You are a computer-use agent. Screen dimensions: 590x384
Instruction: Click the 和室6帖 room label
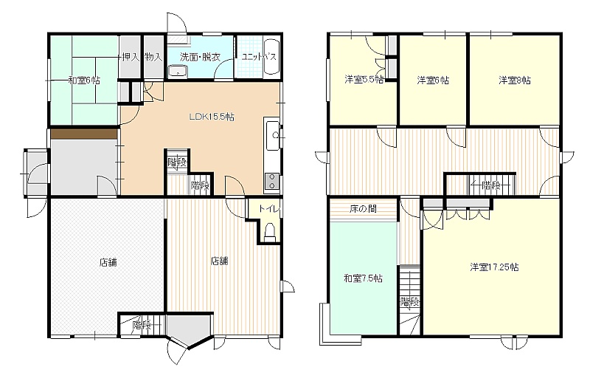(84, 80)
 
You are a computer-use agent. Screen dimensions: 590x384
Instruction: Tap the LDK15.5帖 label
(212, 117)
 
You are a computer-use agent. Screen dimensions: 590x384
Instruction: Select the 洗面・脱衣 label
(200, 57)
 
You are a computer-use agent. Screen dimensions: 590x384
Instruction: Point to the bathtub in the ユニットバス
(271, 57)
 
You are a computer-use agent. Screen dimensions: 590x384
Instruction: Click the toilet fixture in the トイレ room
(270, 233)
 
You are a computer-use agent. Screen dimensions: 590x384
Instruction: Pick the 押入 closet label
(131, 57)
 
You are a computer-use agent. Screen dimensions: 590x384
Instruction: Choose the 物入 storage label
(153, 57)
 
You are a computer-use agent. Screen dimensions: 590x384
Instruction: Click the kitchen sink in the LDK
(272, 136)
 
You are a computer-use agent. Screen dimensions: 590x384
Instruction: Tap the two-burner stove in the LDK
(271, 182)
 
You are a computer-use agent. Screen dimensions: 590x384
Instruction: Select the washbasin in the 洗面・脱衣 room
(177, 71)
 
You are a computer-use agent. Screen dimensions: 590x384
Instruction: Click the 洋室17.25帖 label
(494, 267)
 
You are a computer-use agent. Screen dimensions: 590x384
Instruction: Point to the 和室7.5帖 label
(363, 278)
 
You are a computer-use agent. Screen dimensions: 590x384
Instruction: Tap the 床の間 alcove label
(363, 209)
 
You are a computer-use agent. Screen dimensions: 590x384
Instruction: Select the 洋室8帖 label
(515, 80)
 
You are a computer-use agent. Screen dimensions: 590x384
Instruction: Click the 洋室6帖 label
(433, 80)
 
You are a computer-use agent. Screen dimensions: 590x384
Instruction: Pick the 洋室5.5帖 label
(364, 80)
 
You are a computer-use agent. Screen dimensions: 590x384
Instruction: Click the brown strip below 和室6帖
(84, 134)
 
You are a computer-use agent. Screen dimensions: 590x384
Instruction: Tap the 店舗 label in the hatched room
(108, 262)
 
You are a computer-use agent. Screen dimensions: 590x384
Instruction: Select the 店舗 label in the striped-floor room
(219, 261)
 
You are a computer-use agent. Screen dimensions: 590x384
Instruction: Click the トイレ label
(269, 208)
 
